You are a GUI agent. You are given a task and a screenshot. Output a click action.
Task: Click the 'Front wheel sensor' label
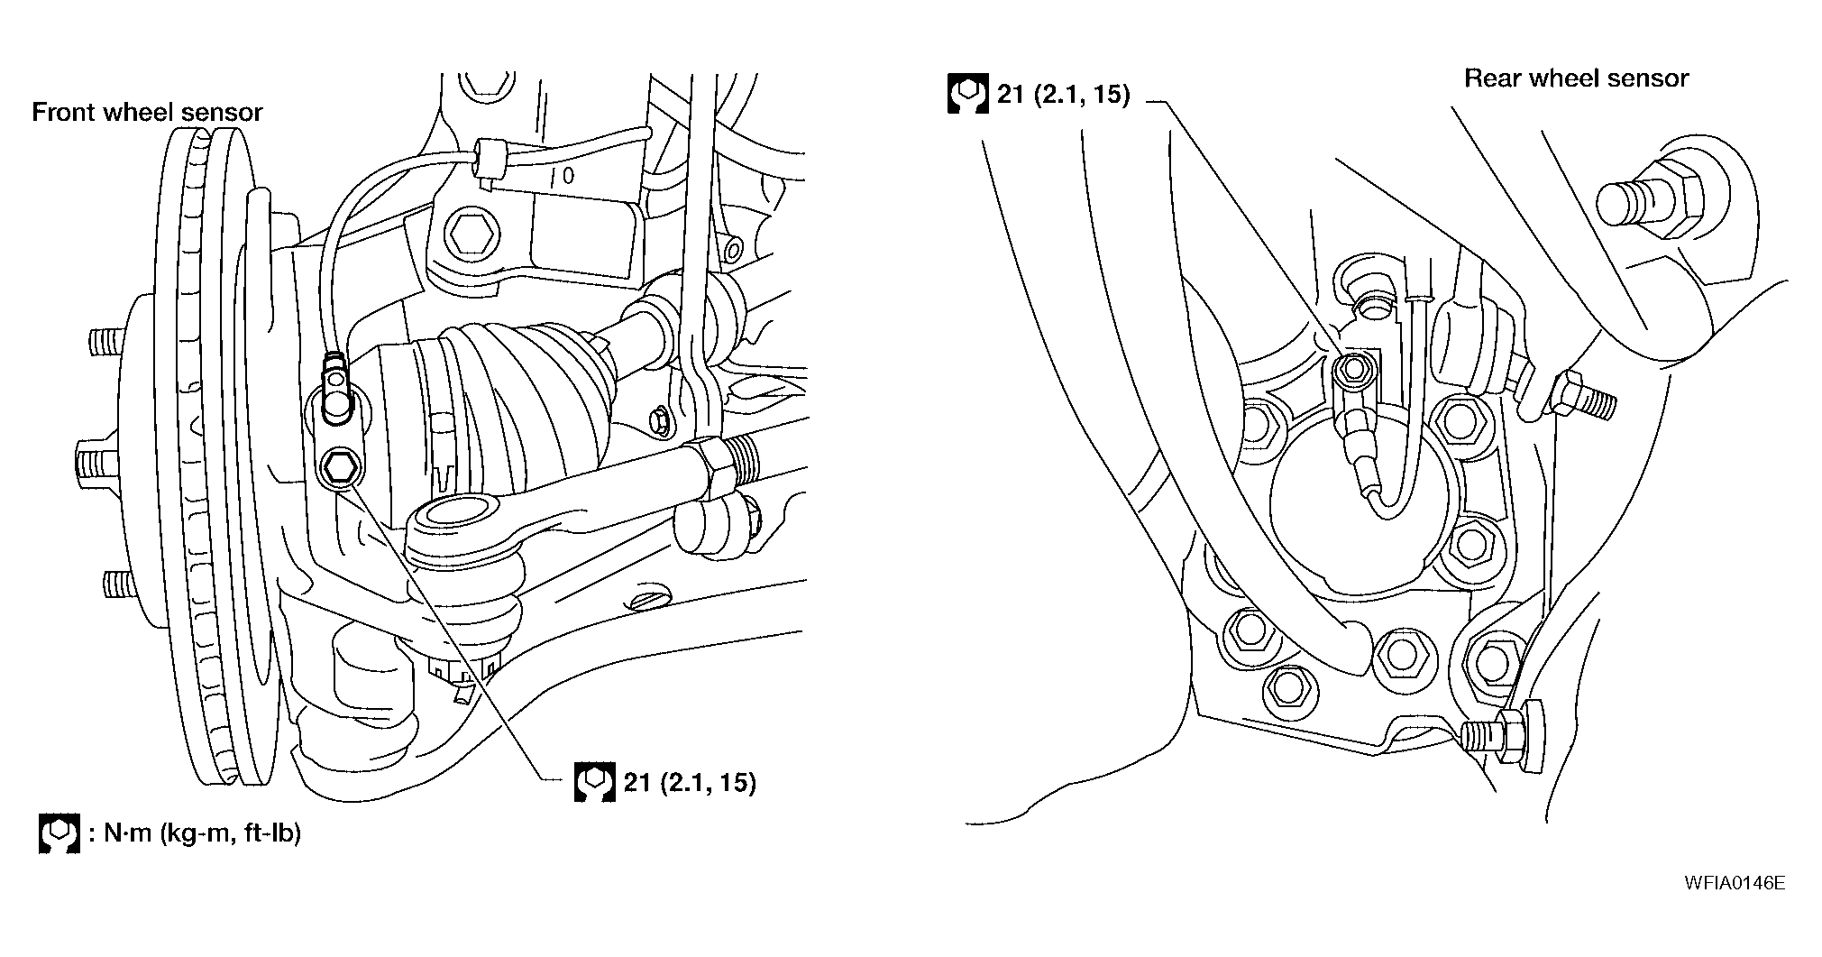click(x=147, y=113)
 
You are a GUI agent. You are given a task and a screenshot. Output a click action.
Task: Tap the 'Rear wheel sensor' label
click(x=1576, y=78)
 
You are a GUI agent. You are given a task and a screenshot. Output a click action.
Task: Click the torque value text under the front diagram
click(x=690, y=782)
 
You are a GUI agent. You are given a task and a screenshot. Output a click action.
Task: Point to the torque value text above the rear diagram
click(x=1063, y=94)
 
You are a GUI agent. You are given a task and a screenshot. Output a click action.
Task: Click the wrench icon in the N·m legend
click(x=60, y=834)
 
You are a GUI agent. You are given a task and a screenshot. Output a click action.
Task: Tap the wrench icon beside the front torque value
click(x=594, y=782)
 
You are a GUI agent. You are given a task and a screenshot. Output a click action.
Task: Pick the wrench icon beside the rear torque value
click(x=967, y=94)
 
